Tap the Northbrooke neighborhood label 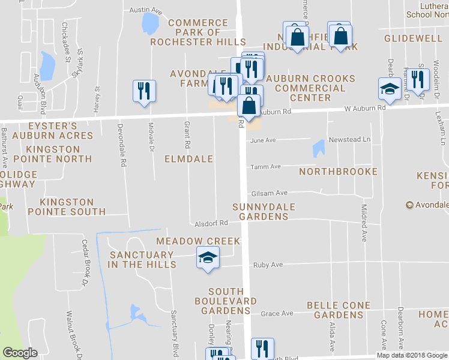[x=339, y=172]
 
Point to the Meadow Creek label [x=198, y=241]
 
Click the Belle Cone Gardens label [x=334, y=310]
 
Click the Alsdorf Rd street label [x=211, y=223]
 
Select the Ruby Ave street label [x=268, y=265]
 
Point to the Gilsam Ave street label [x=270, y=193]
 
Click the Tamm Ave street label [x=266, y=167]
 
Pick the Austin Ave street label [x=146, y=11]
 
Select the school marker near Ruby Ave [x=208, y=259]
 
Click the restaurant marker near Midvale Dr [x=144, y=91]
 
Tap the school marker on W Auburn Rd [x=390, y=89]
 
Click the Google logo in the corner [x=20, y=353]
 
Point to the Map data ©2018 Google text [x=412, y=355]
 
